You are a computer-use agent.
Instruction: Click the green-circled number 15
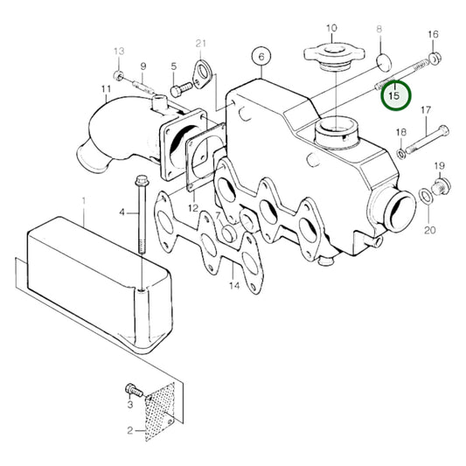[396, 96]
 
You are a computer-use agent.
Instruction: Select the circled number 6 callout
[261, 57]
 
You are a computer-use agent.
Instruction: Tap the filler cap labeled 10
[334, 58]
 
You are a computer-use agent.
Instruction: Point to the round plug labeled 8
[384, 63]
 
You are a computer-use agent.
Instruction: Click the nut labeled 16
[435, 58]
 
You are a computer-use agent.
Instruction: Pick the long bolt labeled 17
[427, 139]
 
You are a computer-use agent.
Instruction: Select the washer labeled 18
[401, 154]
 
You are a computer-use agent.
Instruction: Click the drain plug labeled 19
[441, 187]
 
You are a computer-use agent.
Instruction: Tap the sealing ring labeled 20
[426, 197]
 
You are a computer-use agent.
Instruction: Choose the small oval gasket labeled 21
[202, 74]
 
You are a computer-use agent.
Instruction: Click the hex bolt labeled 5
[181, 88]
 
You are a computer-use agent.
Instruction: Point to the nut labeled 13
[119, 76]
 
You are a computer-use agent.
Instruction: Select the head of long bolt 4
[142, 181]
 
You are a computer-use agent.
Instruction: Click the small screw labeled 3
[134, 392]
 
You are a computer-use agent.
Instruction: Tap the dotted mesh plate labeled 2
[160, 412]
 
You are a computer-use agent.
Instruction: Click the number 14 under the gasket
[234, 286]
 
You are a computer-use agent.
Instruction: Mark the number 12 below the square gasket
[193, 207]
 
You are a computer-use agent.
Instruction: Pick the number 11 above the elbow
[106, 89]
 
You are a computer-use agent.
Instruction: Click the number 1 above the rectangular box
[84, 201]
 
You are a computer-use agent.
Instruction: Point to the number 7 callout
[218, 215]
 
